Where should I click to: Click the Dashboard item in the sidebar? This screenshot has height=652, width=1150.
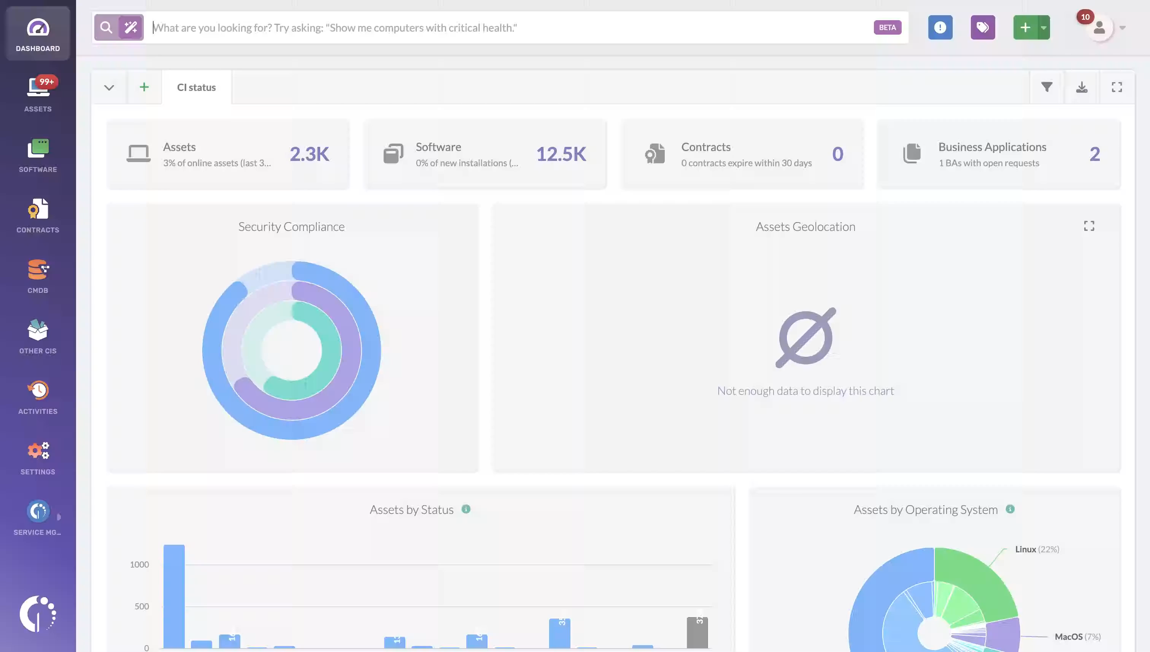38,34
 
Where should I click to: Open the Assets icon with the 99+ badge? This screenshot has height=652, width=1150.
38,88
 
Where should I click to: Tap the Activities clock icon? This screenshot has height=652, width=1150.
38,391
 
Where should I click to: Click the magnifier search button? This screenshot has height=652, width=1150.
106,28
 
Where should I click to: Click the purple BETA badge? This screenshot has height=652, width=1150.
887,28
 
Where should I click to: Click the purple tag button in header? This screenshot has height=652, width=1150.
982,28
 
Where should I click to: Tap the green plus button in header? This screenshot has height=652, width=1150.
1025,28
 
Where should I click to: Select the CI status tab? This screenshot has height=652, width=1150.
196,87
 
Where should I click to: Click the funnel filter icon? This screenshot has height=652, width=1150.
1046,87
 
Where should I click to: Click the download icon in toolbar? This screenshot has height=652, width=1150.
1081,87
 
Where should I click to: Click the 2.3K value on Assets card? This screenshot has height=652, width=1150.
309,154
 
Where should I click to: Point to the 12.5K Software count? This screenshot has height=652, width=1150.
561,154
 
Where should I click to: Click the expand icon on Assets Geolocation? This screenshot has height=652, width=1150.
1088,226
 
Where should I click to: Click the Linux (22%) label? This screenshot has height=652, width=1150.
1036,549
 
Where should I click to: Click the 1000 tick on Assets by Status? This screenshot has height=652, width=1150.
139,564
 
